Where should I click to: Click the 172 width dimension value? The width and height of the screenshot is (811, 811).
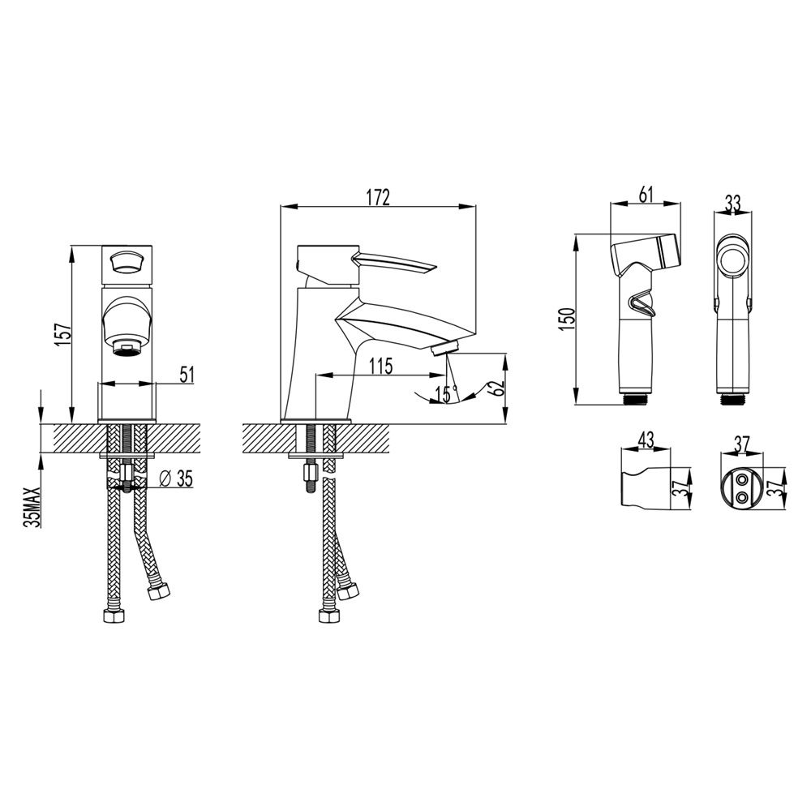point(378,197)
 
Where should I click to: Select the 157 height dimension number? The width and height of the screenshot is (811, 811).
point(62,335)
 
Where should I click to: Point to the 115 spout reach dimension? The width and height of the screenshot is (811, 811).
point(381,366)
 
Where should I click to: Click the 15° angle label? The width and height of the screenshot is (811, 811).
point(446,394)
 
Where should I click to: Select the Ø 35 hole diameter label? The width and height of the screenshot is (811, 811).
point(176,479)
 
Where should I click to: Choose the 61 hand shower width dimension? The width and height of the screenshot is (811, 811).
point(646,195)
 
